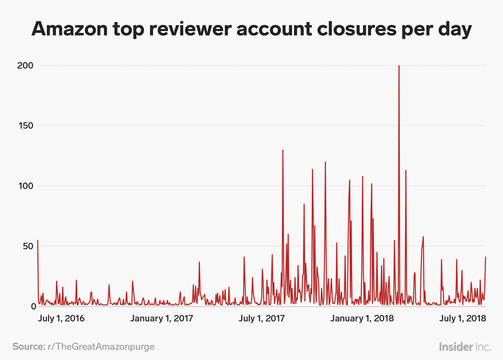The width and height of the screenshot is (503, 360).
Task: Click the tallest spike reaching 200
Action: coord(399,67)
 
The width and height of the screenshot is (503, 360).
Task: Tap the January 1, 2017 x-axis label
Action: coord(162,319)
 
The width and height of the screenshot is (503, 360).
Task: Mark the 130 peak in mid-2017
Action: coord(283,151)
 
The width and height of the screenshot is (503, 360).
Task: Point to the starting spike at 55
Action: coord(38,241)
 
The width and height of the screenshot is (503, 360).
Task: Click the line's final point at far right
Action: coord(486,257)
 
